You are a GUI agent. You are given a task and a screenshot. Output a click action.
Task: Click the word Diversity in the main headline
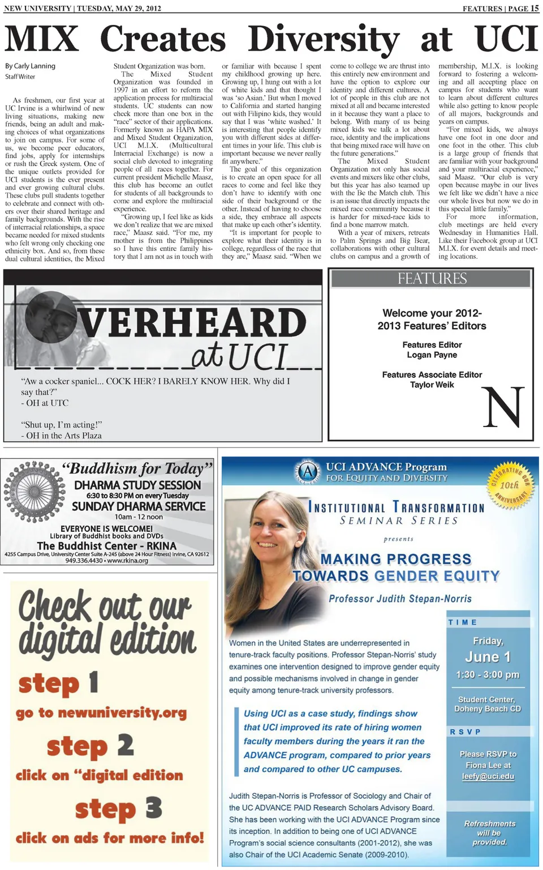324,40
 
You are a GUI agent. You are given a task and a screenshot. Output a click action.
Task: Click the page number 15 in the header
535,8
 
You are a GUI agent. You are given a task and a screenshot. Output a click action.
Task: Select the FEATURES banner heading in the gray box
432,279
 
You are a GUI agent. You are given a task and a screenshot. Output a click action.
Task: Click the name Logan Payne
432,355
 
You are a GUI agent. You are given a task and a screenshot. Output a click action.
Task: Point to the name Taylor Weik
432,385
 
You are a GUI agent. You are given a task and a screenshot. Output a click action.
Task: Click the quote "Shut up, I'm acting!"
62,424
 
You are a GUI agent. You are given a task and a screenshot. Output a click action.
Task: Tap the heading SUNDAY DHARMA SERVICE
139,506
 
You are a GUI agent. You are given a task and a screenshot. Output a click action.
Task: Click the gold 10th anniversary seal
510,485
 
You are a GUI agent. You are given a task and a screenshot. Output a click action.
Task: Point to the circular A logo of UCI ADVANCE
308,472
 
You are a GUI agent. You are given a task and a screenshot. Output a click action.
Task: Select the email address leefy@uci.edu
488,776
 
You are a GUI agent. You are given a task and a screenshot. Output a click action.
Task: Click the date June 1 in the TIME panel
488,657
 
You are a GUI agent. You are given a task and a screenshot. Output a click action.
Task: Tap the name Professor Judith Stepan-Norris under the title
400,599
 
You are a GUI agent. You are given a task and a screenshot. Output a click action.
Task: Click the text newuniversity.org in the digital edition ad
122,713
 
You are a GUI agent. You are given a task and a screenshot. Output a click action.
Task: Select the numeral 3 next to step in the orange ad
153,808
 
